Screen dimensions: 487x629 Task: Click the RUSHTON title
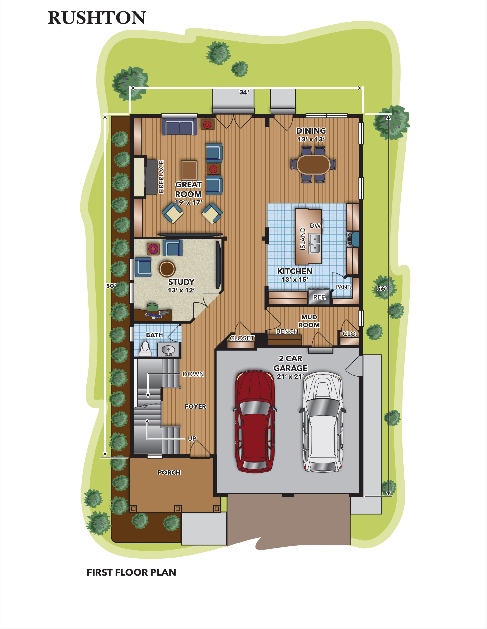click(97, 18)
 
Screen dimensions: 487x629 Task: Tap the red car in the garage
click(255, 421)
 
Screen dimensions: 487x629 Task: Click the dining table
click(313, 164)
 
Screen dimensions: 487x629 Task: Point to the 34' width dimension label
click(244, 92)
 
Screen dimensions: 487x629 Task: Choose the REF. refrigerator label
click(320, 297)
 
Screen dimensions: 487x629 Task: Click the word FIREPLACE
click(161, 177)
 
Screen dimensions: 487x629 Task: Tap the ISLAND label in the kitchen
click(303, 239)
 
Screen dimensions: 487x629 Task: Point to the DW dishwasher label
click(315, 226)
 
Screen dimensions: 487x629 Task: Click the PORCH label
click(169, 472)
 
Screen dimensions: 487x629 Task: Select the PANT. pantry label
click(343, 287)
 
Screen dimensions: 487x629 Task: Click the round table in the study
click(167, 269)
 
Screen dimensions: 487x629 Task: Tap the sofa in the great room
click(179, 127)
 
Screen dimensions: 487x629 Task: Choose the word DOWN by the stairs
click(193, 374)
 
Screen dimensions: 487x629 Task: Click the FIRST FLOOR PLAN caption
click(131, 572)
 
